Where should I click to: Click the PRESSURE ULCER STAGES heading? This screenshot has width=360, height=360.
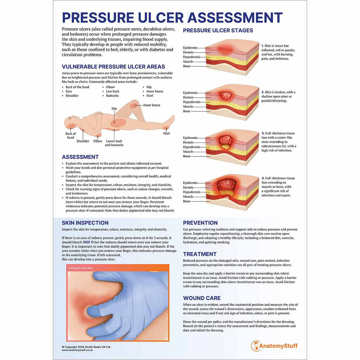click(x=218, y=30)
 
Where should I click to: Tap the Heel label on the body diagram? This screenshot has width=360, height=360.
click(x=166, y=133)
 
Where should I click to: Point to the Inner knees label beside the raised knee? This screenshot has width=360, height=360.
click(x=152, y=105)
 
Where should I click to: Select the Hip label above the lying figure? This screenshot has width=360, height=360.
click(x=114, y=108)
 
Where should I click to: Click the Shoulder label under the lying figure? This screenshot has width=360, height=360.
click(x=83, y=141)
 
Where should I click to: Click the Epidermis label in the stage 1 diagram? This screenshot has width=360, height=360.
click(x=190, y=48)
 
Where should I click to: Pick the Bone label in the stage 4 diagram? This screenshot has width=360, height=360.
click(x=187, y=201)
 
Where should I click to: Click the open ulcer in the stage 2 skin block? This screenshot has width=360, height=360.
click(x=226, y=95)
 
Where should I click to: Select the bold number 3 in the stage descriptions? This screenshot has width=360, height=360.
click(x=263, y=133)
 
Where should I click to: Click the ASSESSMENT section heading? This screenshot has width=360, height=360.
click(x=80, y=157)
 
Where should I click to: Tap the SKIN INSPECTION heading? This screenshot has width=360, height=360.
click(x=85, y=223)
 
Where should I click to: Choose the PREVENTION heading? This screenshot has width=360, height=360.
click(x=200, y=223)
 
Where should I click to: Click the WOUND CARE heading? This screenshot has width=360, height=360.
click(x=202, y=298)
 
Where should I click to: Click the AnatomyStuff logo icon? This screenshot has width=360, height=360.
click(x=255, y=346)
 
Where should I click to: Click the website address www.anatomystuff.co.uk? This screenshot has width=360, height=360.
click(x=77, y=350)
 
